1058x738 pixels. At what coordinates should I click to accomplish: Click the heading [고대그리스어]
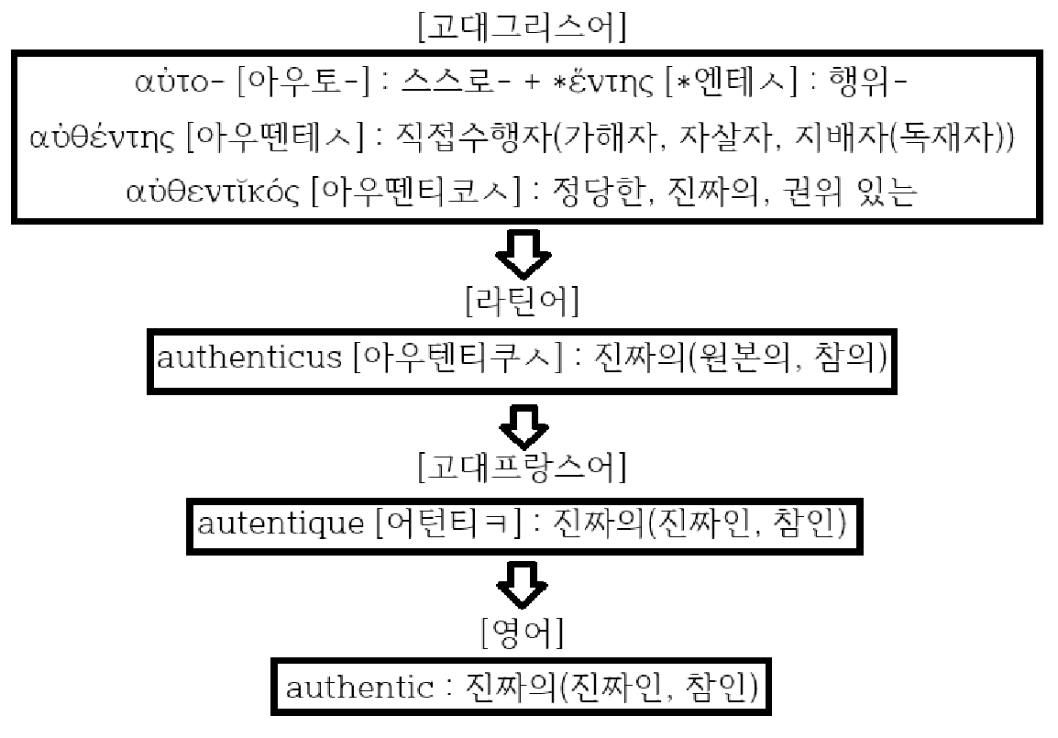[522, 26]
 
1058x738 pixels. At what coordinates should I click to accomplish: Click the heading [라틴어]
[522, 301]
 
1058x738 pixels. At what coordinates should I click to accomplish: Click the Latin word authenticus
[248, 358]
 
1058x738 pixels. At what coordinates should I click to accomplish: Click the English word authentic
[358, 687]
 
